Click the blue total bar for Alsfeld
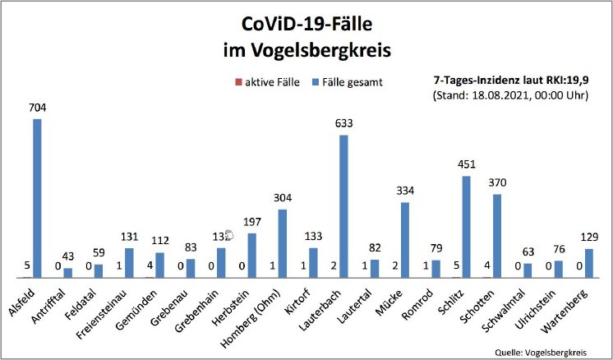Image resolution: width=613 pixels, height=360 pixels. pyautogui.click(x=37, y=197)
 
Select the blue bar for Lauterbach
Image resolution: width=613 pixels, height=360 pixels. pyautogui.click(x=343, y=205)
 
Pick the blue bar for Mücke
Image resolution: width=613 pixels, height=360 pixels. pyautogui.click(x=405, y=239)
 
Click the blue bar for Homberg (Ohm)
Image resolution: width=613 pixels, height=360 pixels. pyautogui.click(x=282, y=243)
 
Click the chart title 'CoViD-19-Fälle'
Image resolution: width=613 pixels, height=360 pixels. pyautogui.click(x=306, y=23)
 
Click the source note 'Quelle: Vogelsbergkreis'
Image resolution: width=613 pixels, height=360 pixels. pyautogui.click(x=542, y=350)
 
